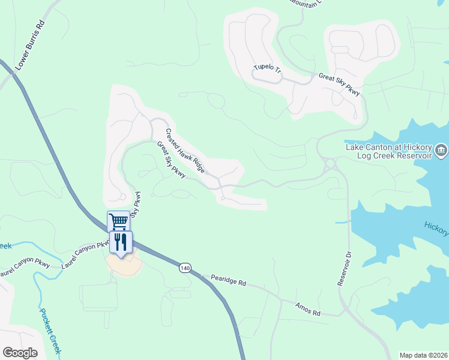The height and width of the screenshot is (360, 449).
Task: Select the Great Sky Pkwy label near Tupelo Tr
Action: pos(339,85)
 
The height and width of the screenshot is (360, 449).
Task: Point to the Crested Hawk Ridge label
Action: pos(185,151)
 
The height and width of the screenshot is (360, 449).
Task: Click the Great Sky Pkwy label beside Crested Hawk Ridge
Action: pos(171,160)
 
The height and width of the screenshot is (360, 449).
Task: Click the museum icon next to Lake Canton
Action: pos(441,149)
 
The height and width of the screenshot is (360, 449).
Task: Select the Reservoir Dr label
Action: pos(343,265)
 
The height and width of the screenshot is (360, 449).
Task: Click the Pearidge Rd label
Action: pos(229,280)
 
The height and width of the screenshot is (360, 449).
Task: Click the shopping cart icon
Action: pos(118,221)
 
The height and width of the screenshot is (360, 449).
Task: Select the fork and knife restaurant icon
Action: pos(121,242)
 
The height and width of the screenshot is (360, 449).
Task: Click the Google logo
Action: pos(20,352)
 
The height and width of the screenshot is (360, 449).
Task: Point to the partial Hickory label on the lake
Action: pos(436,226)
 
